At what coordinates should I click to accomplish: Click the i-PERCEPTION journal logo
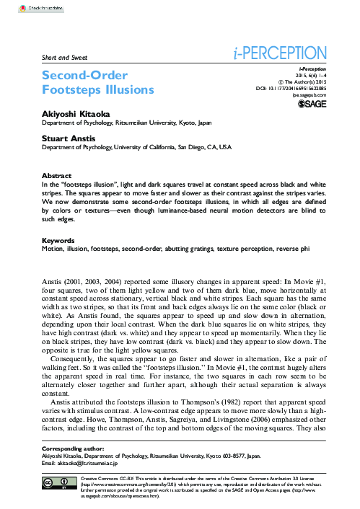click(276, 53)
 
